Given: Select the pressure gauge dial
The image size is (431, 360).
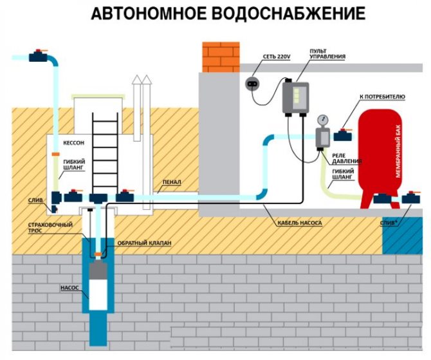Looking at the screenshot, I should click(320, 120).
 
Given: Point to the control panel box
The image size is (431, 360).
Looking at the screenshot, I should click(295, 98).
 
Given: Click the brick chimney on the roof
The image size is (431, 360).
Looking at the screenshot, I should click(221, 57).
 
